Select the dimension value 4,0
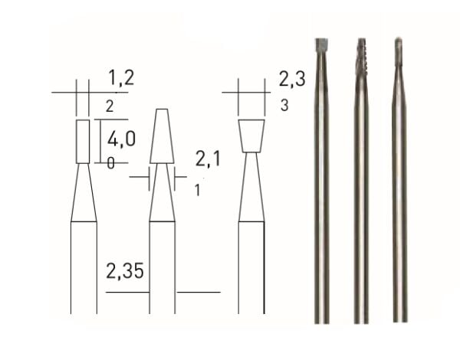[121, 140]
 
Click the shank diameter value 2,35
[125, 272]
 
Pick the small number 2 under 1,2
[109, 106]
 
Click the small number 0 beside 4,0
[111, 162]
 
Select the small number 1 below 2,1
[198, 190]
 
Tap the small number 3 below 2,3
[284, 106]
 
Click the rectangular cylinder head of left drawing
[84, 141]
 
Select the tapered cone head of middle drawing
[161, 136]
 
